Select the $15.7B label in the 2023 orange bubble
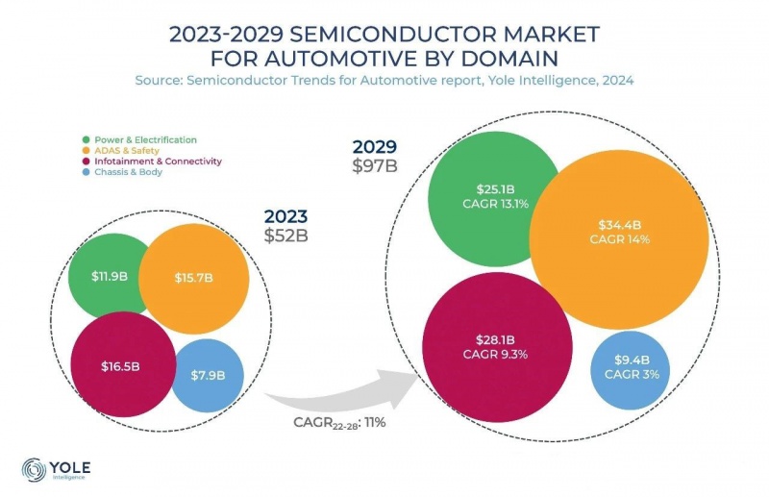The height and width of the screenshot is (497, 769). click(x=193, y=277)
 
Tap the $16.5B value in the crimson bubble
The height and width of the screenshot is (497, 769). click(x=121, y=366)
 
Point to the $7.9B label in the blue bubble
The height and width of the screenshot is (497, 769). click(x=207, y=374)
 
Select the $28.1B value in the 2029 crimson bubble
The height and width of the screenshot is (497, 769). click(x=495, y=339)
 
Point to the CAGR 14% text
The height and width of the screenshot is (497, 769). click(x=620, y=239)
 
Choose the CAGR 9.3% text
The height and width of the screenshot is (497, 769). click(x=495, y=355)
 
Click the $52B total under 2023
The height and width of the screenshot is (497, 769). click(x=285, y=233)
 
